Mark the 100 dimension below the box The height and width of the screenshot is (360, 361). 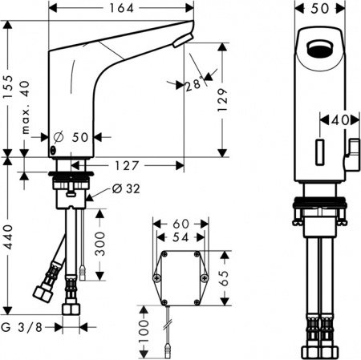click(x=144, y=330)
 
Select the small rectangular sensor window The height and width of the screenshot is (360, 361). click(x=319, y=150)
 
